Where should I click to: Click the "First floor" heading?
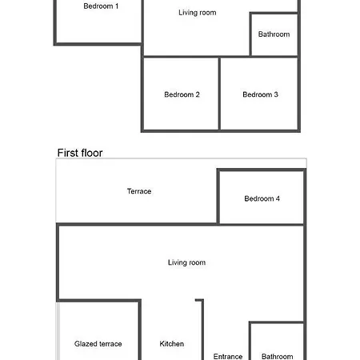[x=80, y=153]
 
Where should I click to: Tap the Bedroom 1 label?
[x=101, y=6]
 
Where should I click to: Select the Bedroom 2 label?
[x=182, y=94]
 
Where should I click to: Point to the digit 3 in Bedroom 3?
[x=276, y=94]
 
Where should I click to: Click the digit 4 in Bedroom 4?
[x=278, y=198]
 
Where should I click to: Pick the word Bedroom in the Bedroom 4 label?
[x=259, y=198]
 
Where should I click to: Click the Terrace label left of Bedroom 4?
[x=139, y=191]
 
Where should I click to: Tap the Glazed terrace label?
[x=98, y=344]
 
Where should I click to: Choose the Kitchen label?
[x=172, y=344]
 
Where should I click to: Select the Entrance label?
[x=228, y=357]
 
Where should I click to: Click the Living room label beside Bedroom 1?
[x=198, y=13]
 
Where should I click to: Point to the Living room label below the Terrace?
[x=186, y=262]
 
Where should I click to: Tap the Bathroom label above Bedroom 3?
[x=274, y=34]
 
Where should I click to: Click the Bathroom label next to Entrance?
[x=278, y=357]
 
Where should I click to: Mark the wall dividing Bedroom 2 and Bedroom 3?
[x=219, y=94]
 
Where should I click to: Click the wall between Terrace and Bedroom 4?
[x=218, y=197]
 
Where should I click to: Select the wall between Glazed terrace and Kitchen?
[x=140, y=330]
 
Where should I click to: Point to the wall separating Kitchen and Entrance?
[x=202, y=330]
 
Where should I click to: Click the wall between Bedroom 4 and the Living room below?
[x=262, y=225]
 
